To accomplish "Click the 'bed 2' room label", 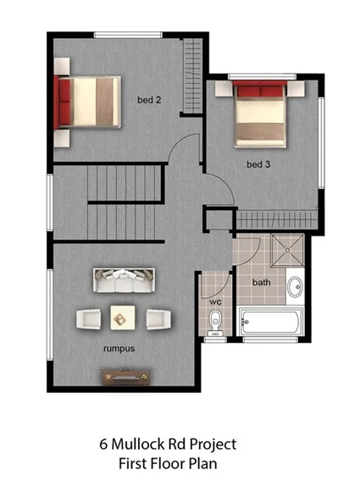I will pyautogui.click(x=149, y=100).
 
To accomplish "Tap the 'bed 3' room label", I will pyautogui.click(x=258, y=164).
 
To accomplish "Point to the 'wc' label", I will pyautogui.click(x=215, y=301).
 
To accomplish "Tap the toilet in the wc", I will pyautogui.click(x=216, y=322).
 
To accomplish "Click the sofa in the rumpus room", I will pyautogui.click(x=124, y=279).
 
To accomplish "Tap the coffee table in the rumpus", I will pyautogui.click(x=123, y=318).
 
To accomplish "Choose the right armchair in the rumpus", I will pyautogui.click(x=156, y=318).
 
